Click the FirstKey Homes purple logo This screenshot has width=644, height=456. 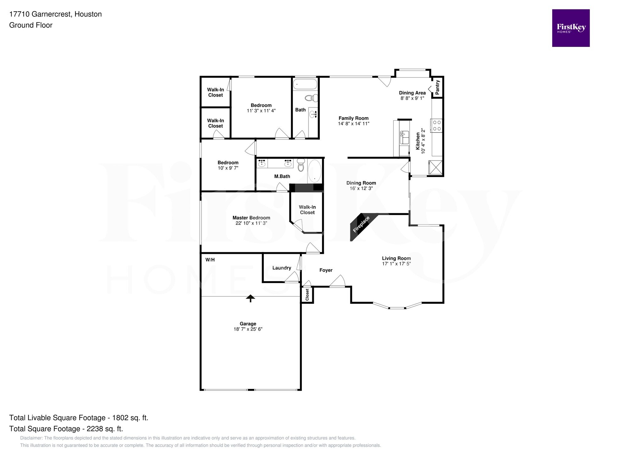[x=570, y=28]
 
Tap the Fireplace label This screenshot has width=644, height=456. [x=361, y=224]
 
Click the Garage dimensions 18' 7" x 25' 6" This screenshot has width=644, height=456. [x=248, y=329]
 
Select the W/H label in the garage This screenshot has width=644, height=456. [x=210, y=260]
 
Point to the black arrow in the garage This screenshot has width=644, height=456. [x=250, y=298]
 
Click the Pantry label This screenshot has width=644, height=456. [x=437, y=87]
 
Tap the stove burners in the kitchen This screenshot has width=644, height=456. [x=437, y=125]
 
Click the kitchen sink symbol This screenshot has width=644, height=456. [x=404, y=138]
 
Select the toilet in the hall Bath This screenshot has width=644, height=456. [x=312, y=98]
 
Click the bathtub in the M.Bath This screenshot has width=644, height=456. [x=314, y=171]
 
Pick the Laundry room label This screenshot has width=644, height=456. [x=281, y=268]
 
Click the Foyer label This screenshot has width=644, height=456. [x=326, y=270]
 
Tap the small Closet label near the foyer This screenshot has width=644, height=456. [x=307, y=295]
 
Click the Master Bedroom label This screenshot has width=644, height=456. [x=251, y=218]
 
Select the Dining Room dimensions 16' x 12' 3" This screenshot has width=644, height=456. [x=361, y=188]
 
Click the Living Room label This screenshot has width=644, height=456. [x=396, y=258]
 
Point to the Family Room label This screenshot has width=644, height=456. [x=353, y=118]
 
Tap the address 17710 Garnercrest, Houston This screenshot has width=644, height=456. [x=55, y=14]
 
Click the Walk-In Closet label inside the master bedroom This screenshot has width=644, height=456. [x=307, y=210]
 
